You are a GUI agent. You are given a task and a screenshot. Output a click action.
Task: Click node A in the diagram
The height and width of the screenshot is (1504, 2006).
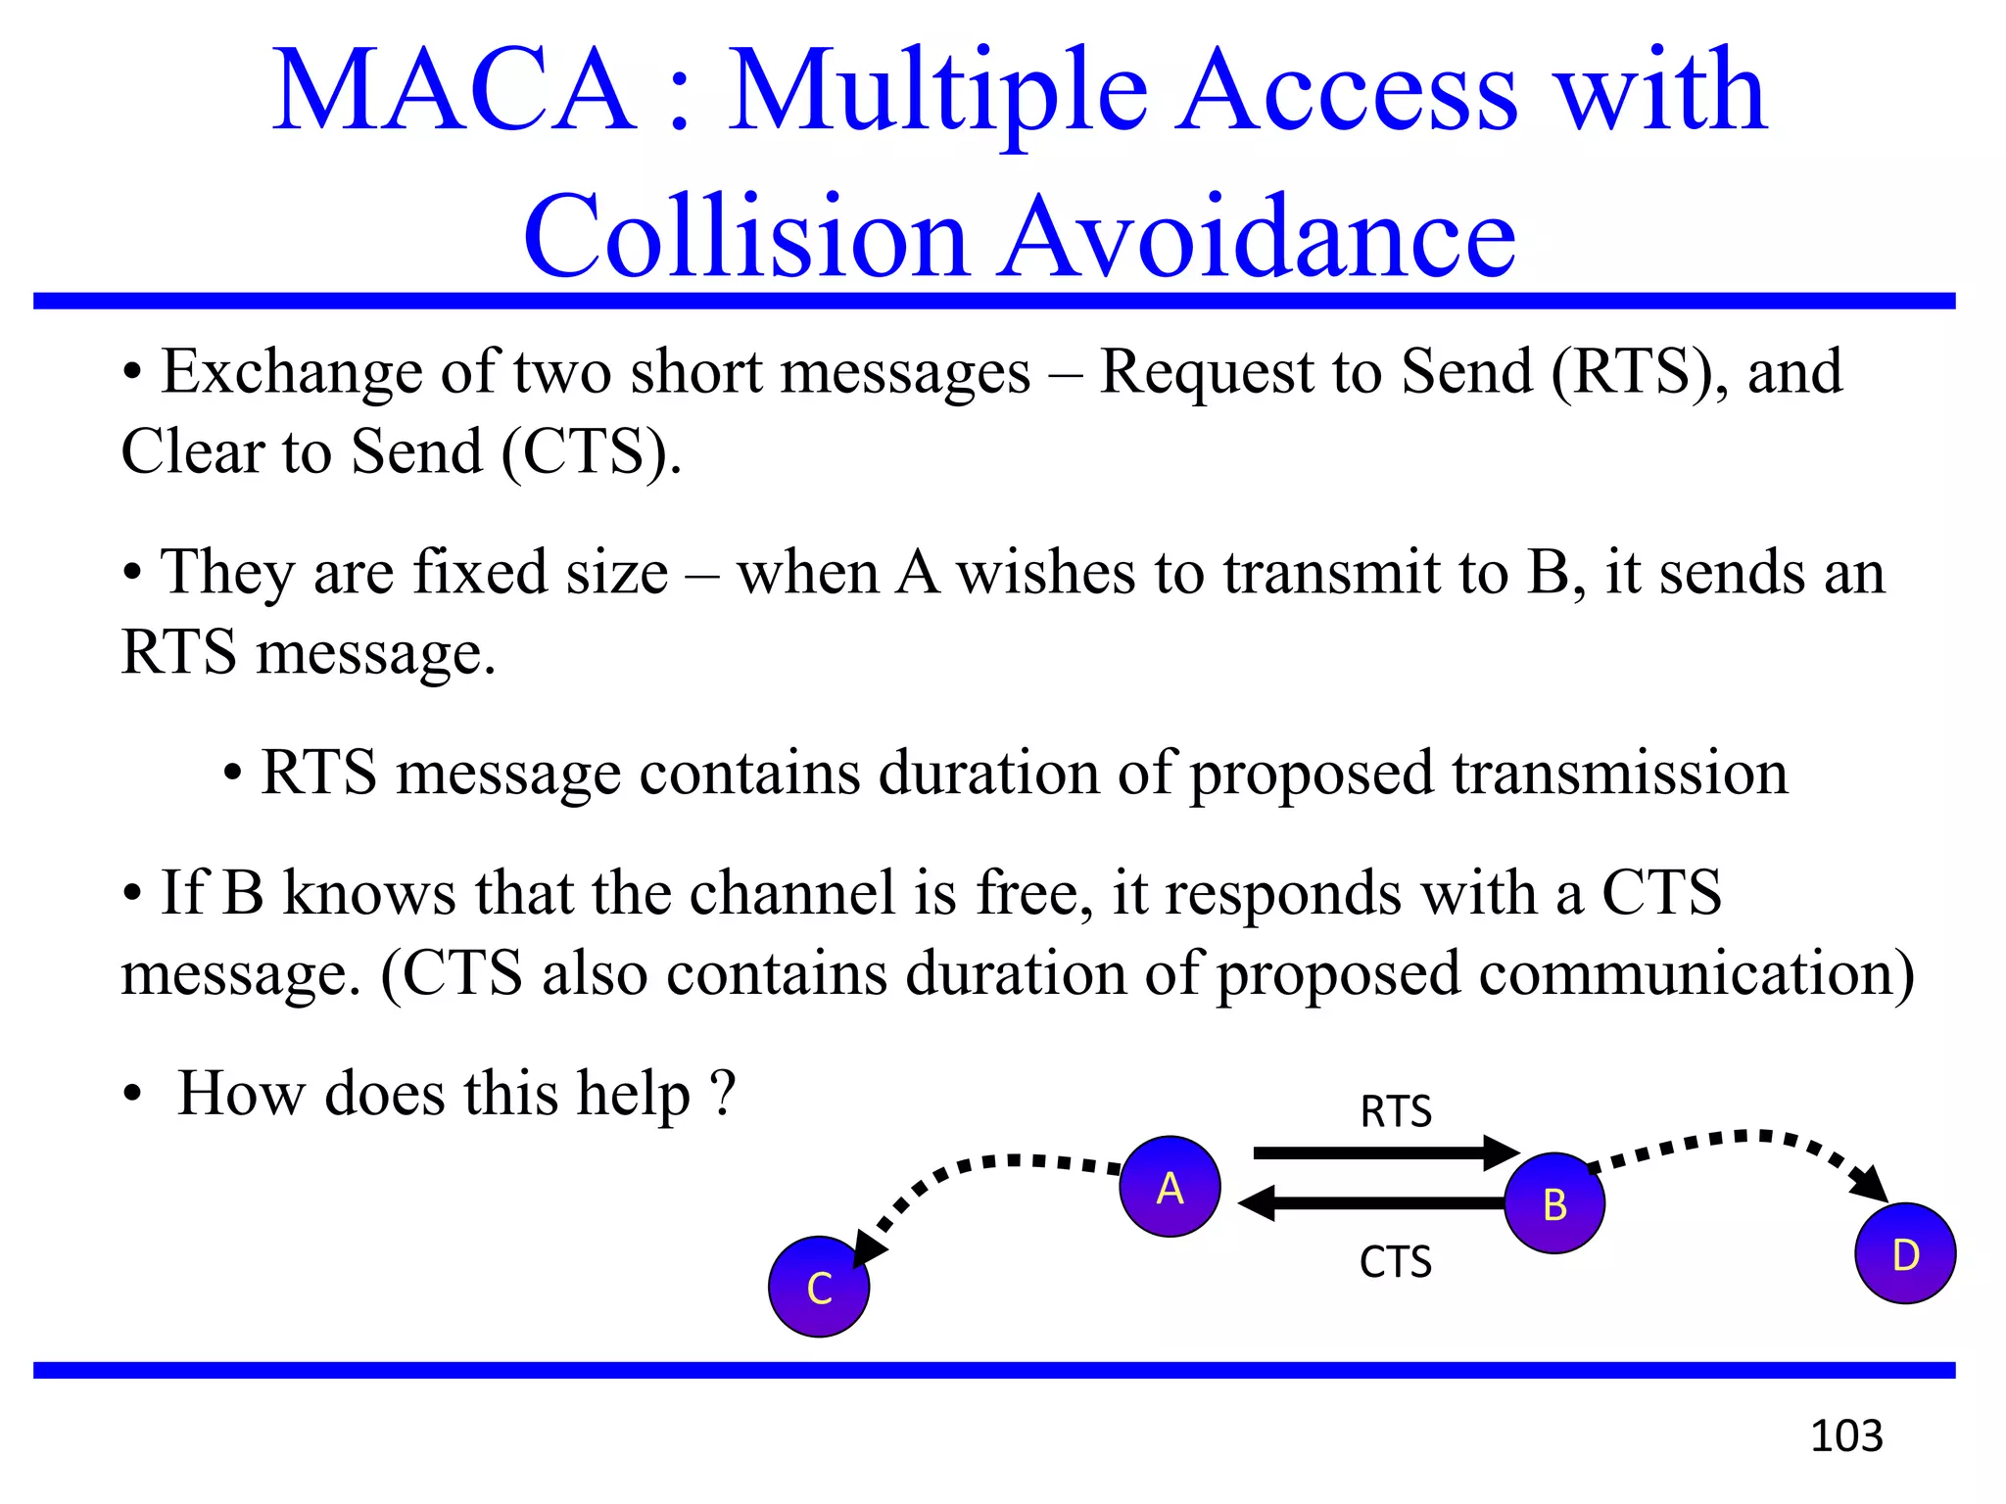click(1170, 1187)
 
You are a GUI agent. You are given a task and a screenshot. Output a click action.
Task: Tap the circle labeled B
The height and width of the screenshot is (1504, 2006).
click(1554, 1203)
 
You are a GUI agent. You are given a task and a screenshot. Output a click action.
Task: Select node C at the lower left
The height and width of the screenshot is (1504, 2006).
click(819, 1287)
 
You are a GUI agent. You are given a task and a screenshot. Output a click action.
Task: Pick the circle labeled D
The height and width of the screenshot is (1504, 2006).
click(1905, 1253)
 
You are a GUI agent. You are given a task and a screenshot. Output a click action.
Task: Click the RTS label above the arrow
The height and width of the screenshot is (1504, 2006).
click(1396, 1112)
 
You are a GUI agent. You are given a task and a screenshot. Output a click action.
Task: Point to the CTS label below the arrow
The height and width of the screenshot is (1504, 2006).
click(1396, 1262)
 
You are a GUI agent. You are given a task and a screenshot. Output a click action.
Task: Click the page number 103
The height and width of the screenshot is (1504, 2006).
click(1846, 1436)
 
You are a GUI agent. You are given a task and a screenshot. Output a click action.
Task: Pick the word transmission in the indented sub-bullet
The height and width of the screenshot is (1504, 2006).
click(1620, 773)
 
